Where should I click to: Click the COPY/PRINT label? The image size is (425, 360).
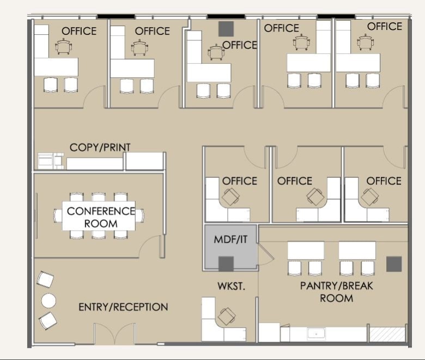(100, 147)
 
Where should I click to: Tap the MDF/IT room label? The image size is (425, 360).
(228, 239)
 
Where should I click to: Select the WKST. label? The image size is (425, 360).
(229, 286)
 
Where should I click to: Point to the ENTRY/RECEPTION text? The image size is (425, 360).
(123, 307)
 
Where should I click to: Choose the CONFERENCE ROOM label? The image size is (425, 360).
(101, 217)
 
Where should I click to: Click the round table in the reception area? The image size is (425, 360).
(49, 301)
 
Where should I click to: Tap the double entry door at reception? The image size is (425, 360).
(114, 334)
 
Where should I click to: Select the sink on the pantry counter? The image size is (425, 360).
(316, 333)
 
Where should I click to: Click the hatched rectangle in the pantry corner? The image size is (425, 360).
(387, 333)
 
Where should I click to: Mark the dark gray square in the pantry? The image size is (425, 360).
(394, 263)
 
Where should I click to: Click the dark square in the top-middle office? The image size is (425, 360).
(226, 28)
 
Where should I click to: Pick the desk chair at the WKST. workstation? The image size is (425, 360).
(227, 315)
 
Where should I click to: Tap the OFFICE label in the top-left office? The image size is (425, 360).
(79, 31)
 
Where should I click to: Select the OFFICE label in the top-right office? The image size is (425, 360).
(385, 26)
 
